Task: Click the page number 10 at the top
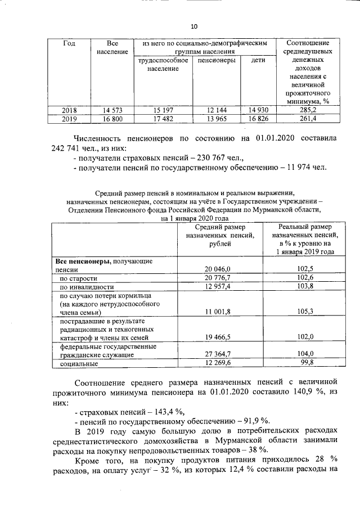tap(194, 26)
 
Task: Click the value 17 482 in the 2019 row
tap(162, 119)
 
